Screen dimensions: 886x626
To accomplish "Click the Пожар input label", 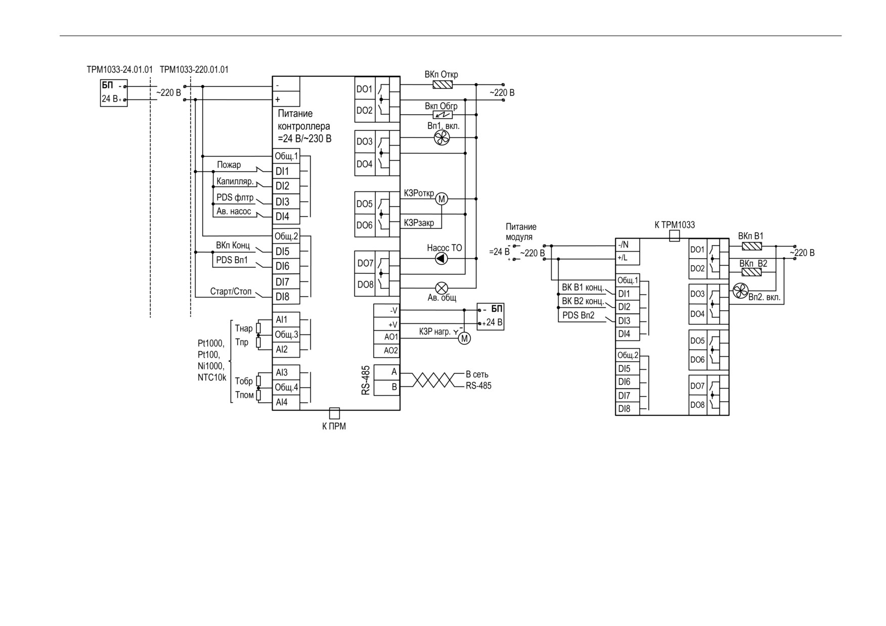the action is [x=229, y=165].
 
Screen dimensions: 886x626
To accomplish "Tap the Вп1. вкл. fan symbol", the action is [x=441, y=137].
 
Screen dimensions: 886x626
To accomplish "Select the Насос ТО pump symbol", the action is [x=441, y=259].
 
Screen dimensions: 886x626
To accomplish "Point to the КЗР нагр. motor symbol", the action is [x=464, y=338].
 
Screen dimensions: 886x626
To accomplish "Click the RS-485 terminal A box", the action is [x=387, y=372].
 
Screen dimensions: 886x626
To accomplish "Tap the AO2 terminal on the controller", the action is [x=387, y=351].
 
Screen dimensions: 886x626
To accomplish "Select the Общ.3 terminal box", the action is [x=286, y=334].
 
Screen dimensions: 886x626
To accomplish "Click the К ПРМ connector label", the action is [x=334, y=426].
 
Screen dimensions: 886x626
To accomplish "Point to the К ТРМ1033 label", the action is [x=675, y=225].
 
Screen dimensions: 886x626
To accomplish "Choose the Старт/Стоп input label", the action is [x=231, y=292].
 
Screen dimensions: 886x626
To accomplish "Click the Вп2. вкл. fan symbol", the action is [x=740, y=291].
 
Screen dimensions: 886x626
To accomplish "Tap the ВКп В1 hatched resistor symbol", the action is [x=752, y=246].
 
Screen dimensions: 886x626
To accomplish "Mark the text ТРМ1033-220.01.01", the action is [x=194, y=69].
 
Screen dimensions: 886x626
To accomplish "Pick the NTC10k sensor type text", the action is [x=212, y=377].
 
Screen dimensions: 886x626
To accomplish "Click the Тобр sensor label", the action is [x=244, y=381].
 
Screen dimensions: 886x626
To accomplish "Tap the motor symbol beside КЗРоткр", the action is [x=442, y=199].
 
